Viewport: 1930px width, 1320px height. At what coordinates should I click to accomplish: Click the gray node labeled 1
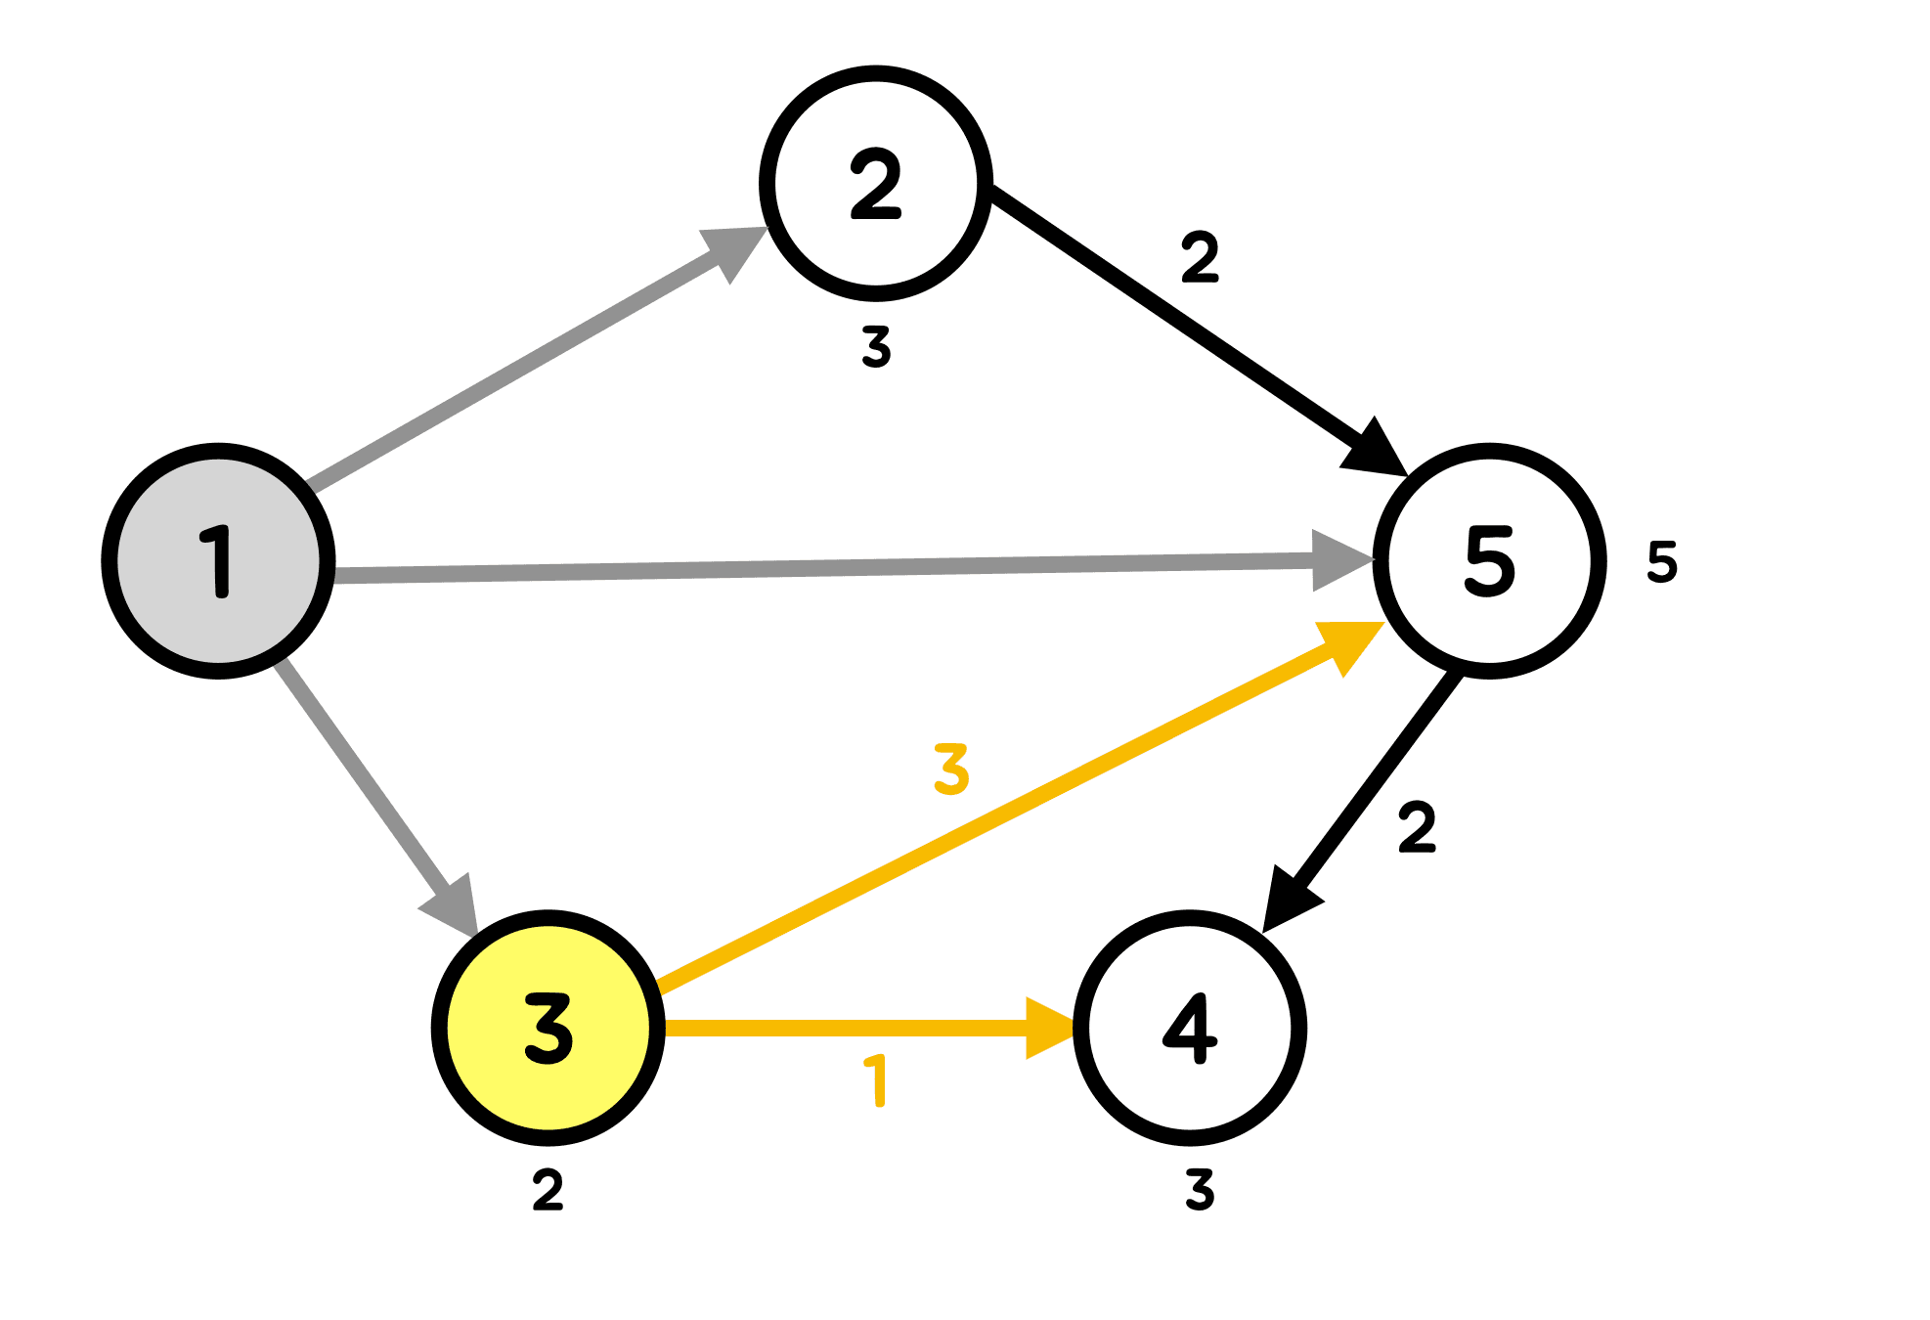tap(218, 560)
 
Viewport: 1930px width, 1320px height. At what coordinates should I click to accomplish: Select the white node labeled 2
tap(876, 183)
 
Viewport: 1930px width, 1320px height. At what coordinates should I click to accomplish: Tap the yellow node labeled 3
tap(548, 1028)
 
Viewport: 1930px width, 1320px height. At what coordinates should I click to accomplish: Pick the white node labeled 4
tap(1190, 1028)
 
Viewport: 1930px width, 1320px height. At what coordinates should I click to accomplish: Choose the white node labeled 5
tap(1489, 560)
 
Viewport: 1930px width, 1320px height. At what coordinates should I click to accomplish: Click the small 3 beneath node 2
tap(877, 347)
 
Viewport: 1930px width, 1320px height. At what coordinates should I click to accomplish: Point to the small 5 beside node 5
tap(1662, 562)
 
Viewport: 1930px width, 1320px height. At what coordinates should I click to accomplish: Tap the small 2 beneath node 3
tap(548, 1190)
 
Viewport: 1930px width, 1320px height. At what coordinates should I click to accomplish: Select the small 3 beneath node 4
tap(1200, 1190)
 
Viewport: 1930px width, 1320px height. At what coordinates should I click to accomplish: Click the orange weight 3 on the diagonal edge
tap(951, 769)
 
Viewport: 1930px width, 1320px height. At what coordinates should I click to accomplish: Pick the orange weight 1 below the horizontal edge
tap(877, 1080)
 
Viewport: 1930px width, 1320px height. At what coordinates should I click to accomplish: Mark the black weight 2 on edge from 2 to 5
tap(1200, 257)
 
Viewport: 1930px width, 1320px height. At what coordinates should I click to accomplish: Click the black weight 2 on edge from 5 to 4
tap(1417, 827)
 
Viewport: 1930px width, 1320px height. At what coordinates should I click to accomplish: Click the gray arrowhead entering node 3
tap(453, 903)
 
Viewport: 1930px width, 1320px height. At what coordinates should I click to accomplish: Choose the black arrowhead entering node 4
tap(1288, 898)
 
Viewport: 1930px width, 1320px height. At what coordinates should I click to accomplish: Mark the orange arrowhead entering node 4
tap(1048, 1028)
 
